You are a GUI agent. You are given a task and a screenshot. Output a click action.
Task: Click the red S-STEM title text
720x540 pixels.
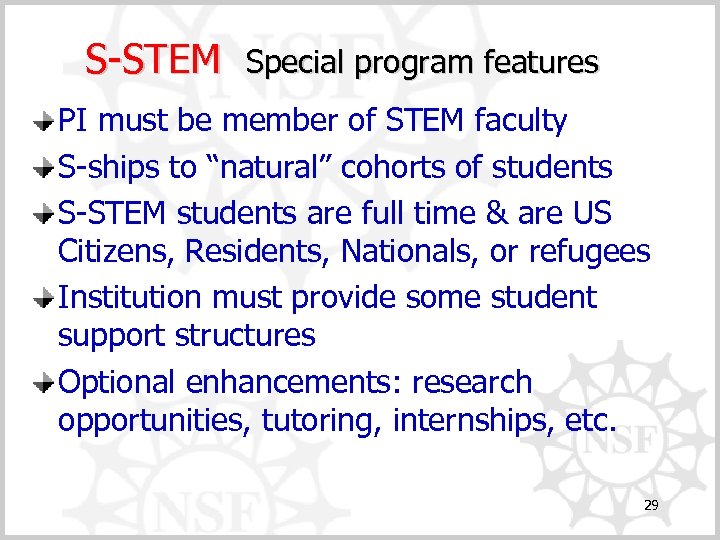pyautogui.click(x=152, y=59)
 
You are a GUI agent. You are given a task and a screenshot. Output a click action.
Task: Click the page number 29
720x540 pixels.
pyautogui.click(x=651, y=506)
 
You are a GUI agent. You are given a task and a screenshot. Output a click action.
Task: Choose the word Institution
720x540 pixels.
pyautogui.click(x=130, y=297)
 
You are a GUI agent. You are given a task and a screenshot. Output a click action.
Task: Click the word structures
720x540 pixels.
pyautogui.click(x=244, y=335)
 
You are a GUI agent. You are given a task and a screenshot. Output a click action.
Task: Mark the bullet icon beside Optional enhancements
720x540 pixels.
pyautogui.click(x=45, y=383)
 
